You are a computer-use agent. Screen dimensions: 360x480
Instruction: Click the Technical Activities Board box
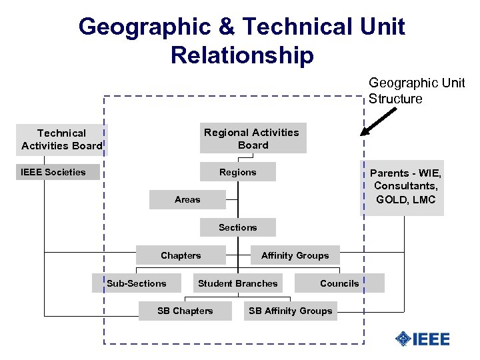[x=61, y=139]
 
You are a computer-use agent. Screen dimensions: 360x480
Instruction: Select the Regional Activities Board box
[x=251, y=139]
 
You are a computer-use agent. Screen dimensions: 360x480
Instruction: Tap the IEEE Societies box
[x=58, y=172]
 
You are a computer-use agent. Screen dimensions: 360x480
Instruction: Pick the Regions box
[x=238, y=172]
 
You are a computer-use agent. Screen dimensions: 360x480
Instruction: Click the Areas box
[x=187, y=199]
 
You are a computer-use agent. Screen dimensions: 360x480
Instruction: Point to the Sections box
[x=238, y=227]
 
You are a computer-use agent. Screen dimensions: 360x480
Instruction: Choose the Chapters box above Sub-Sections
[x=181, y=255]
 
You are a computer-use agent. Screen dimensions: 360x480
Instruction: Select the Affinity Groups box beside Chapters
[x=295, y=255]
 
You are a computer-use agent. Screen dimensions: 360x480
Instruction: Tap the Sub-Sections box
[x=137, y=283]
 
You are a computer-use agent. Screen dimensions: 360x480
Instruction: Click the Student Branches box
[x=238, y=283]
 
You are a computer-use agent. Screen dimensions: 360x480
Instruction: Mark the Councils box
[x=339, y=283]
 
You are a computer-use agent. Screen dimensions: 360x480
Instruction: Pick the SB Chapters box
[x=185, y=311]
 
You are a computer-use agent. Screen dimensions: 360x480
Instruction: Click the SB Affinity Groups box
[x=290, y=311]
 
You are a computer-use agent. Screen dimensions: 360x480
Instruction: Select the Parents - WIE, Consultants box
[x=405, y=187]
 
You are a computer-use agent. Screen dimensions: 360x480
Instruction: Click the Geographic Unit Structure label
[x=417, y=91]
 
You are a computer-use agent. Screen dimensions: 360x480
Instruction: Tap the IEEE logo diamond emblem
[x=403, y=339]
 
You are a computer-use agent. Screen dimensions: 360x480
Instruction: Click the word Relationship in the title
[x=242, y=55]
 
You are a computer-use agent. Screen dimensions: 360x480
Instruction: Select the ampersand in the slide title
[x=227, y=27]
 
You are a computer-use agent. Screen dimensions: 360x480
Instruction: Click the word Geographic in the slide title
[x=142, y=27]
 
